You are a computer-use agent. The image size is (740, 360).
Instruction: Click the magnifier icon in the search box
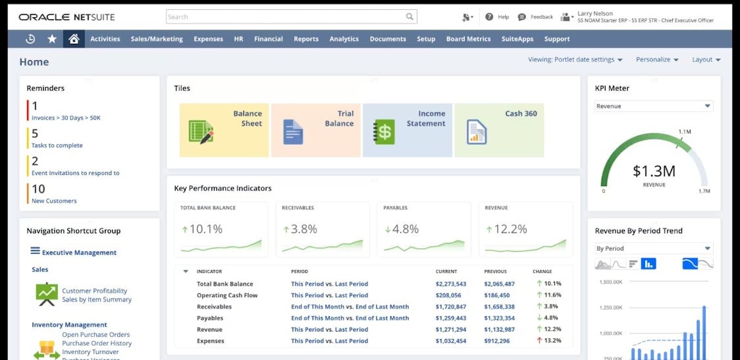409,17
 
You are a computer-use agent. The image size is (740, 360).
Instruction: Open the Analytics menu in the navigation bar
343,39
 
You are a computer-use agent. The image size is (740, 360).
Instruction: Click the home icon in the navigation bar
74,39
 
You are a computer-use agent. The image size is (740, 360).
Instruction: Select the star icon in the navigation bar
52,39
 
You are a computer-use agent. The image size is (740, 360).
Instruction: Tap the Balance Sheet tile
224,130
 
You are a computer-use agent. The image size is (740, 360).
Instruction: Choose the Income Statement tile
407,130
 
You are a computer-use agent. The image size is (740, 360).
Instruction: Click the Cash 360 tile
499,130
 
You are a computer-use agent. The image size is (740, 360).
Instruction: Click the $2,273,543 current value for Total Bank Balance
450,284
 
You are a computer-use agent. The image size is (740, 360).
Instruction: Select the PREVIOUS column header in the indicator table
495,271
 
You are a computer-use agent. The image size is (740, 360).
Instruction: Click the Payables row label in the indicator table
210,318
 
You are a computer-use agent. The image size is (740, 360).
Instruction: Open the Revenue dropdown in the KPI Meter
654,106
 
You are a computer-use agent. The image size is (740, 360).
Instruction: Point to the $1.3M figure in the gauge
654,171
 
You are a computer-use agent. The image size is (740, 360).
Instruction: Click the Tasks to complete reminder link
57,145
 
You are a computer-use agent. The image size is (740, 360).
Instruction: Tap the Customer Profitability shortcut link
94,291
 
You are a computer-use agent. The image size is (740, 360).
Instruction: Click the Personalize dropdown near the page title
657,60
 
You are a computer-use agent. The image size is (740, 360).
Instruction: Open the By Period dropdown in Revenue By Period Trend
654,248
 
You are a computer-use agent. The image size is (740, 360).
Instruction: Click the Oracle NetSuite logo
67,17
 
